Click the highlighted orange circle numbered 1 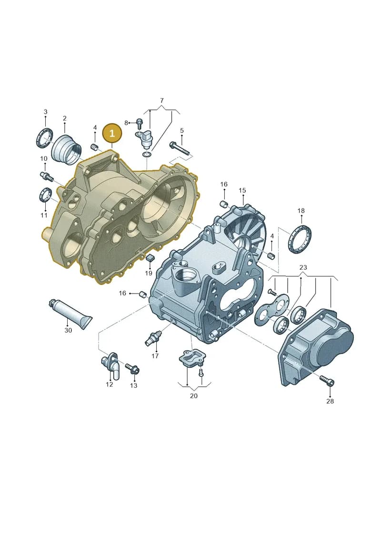point(112,133)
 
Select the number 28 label point(330,401)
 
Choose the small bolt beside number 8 point(140,122)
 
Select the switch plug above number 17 point(153,338)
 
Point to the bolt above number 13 point(132,369)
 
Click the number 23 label point(303,267)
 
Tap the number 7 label point(162,100)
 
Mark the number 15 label point(242,190)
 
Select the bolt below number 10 point(46,176)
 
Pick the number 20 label point(194,396)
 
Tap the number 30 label point(68,330)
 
